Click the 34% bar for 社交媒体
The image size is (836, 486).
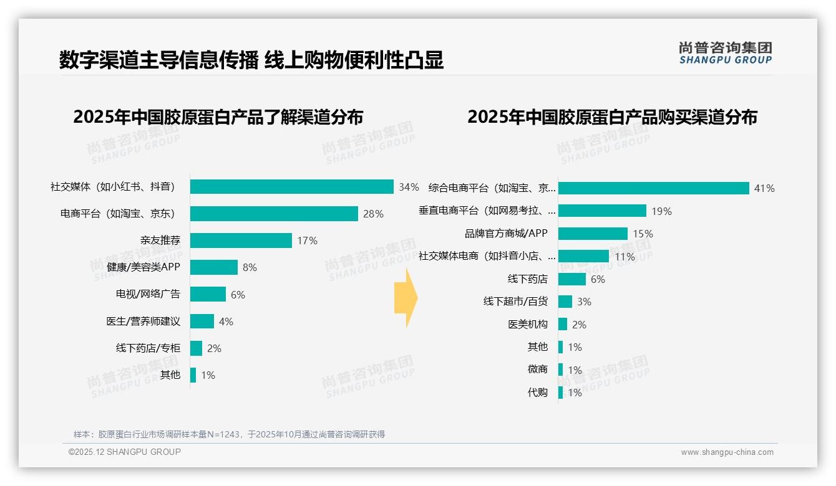(291, 187)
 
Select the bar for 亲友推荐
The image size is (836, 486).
(241, 241)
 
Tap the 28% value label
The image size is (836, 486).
(373, 214)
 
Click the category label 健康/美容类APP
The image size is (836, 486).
(143, 267)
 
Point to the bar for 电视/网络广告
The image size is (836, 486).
(208, 294)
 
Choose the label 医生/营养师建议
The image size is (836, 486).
(143, 322)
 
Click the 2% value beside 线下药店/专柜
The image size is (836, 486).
(214, 348)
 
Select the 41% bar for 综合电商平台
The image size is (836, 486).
(653, 188)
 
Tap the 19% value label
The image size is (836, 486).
(661, 211)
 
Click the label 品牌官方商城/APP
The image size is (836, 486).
(506, 234)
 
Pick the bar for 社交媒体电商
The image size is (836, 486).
(583, 256)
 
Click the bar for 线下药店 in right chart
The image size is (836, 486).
(572, 279)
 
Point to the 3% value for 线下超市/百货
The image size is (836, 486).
(584, 302)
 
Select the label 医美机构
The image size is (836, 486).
(528, 325)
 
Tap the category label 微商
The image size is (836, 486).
(537, 369)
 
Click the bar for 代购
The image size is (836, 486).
(560, 393)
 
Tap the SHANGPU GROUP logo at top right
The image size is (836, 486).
(725, 53)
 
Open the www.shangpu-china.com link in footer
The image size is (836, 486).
(727, 452)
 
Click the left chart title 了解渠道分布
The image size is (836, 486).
(218, 117)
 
